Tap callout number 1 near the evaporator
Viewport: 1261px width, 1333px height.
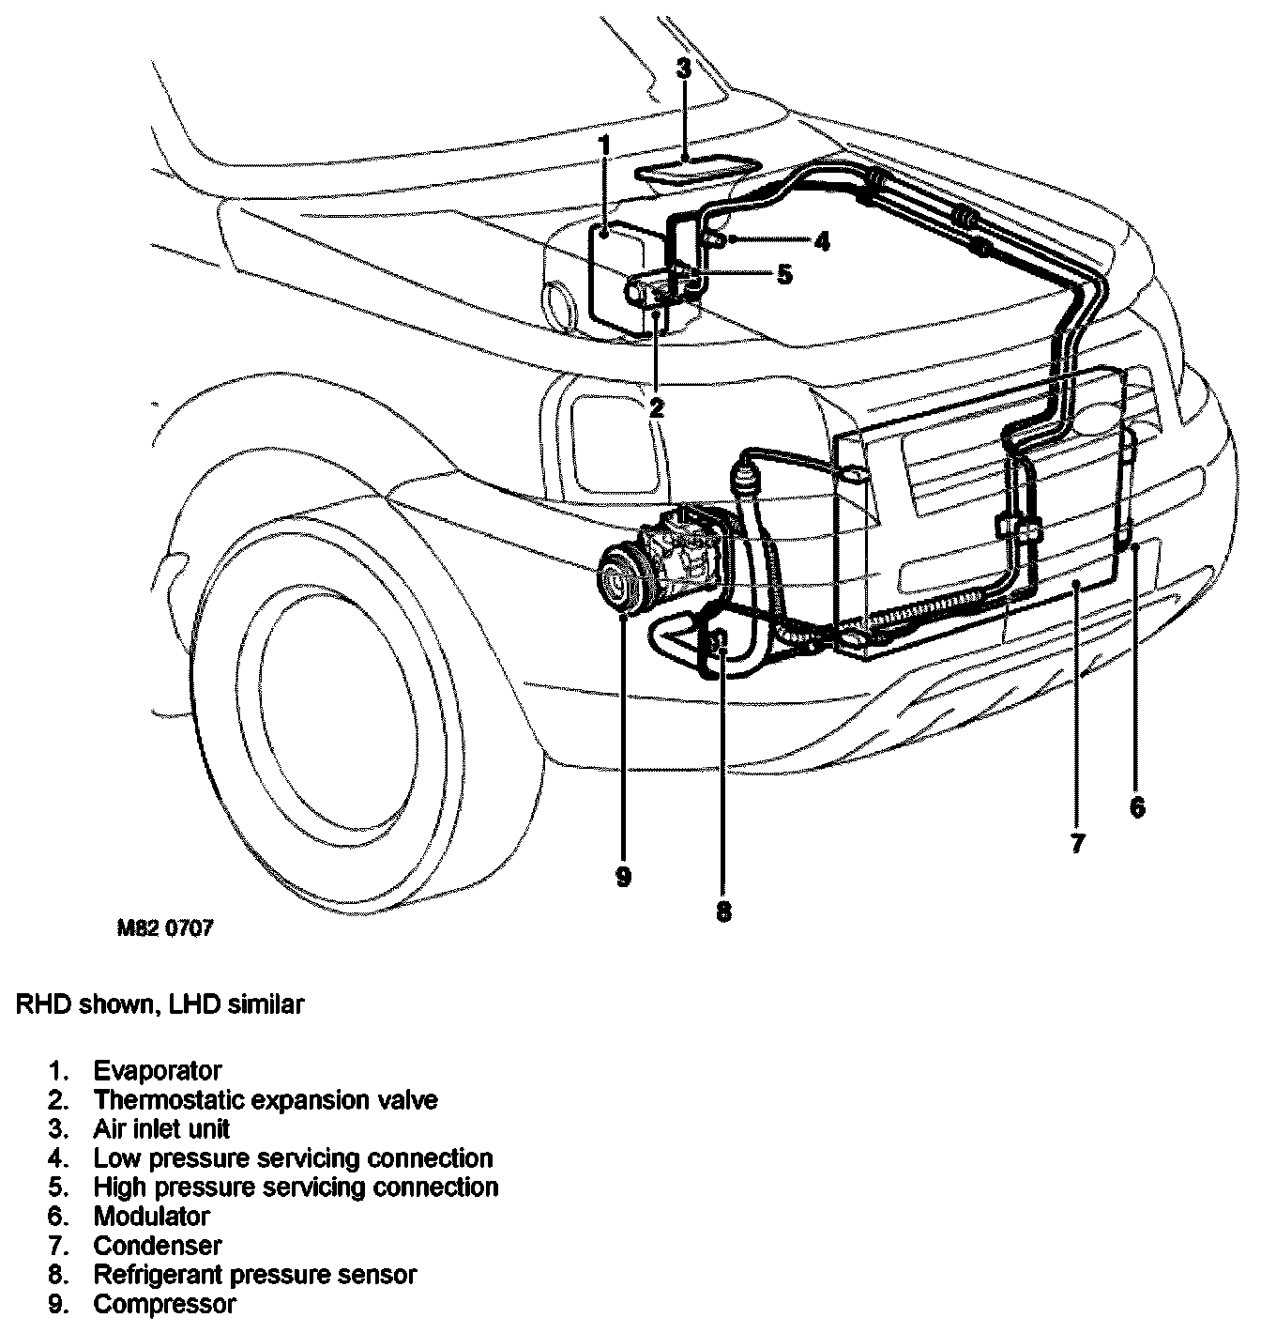click(x=605, y=146)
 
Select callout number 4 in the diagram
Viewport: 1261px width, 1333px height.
click(x=822, y=242)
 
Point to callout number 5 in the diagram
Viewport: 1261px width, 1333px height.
click(x=784, y=274)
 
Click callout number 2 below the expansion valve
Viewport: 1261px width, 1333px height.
click(x=656, y=406)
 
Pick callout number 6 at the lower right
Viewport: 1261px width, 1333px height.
click(x=1137, y=806)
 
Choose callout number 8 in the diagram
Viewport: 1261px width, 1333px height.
click(x=723, y=910)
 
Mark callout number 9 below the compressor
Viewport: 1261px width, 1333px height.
click(x=624, y=876)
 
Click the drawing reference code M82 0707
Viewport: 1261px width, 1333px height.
click(x=165, y=928)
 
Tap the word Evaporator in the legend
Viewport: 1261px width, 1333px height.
click(x=158, y=1070)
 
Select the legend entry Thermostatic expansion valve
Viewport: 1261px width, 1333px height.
click(x=266, y=1099)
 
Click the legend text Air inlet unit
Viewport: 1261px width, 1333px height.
click(x=161, y=1128)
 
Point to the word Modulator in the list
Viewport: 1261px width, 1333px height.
click(x=152, y=1216)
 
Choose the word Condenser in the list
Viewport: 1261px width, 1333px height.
click(x=158, y=1246)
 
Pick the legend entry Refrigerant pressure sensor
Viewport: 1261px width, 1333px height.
click(x=255, y=1275)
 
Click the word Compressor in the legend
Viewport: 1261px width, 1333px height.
click(x=165, y=1304)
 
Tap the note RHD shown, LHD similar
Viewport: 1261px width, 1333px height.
click(x=160, y=1004)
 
